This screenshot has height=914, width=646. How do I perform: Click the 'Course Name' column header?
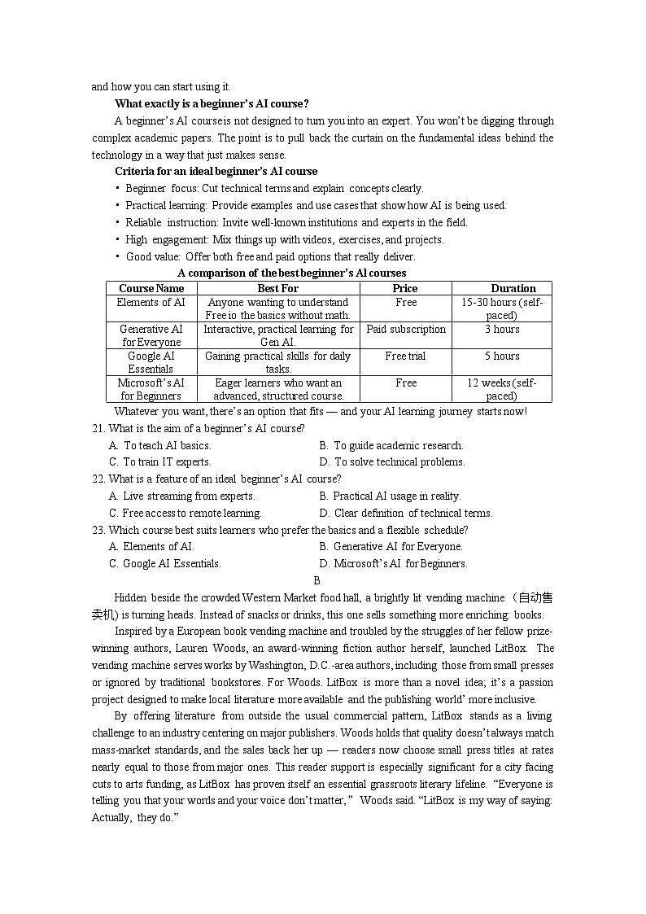coord(151,288)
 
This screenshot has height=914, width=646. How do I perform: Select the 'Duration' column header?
coord(513,288)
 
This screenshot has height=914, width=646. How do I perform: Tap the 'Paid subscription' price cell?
coord(405,329)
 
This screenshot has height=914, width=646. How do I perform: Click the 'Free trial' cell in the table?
coord(405,356)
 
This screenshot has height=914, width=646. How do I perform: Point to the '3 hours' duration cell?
coord(502,329)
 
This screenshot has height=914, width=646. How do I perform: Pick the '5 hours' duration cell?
coord(502,356)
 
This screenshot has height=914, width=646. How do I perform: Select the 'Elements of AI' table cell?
coord(151,302)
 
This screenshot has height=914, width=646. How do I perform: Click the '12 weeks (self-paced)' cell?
coord(501,389)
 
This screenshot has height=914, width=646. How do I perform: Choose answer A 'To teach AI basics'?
coord(159,445)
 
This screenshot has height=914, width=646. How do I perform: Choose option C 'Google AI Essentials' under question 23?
coord(165,563)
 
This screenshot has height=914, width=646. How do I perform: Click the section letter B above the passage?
coord(316,580)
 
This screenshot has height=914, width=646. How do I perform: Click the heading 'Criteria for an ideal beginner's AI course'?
coord(216,171)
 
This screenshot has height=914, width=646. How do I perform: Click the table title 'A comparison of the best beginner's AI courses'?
coord(291,273)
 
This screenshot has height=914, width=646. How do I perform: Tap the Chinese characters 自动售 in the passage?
coord(535,597)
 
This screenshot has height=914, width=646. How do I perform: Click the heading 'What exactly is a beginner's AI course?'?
coord(212,103)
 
